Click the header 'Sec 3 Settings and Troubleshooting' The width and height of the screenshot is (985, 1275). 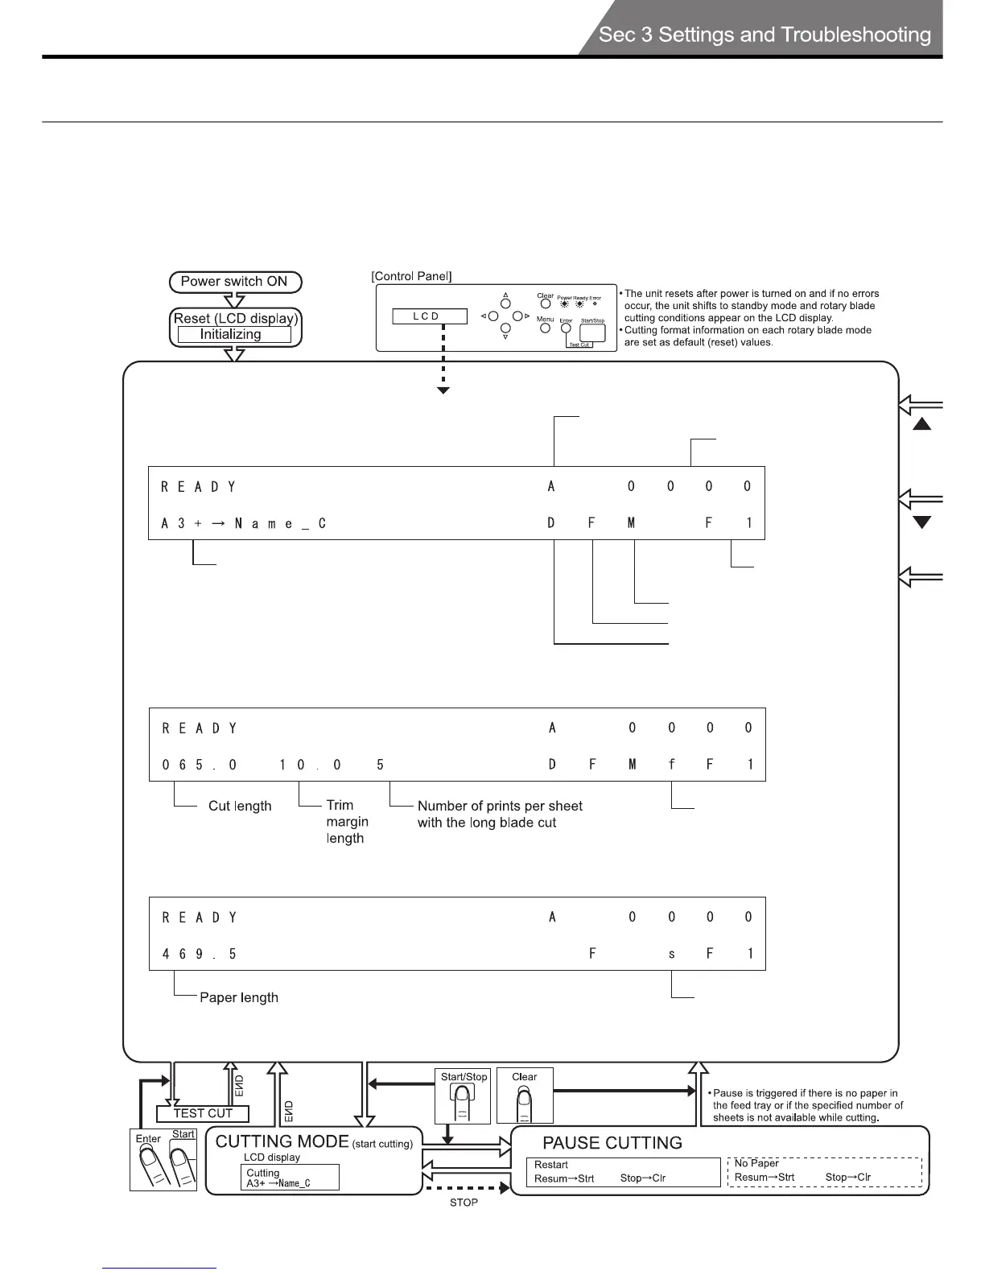tap(765, 35)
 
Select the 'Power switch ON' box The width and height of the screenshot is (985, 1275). tap(234, 282)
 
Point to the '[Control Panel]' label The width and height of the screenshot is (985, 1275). tap(411, 276)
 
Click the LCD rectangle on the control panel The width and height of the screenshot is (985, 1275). tap(429, 316)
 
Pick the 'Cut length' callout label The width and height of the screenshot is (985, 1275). tap(240, 807)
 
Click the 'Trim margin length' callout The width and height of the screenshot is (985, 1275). tap(347, 822)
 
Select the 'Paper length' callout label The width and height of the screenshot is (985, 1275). tap(239, 998)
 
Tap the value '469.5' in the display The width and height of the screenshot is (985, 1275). tap(200, 955)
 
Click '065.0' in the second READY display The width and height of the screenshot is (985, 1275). tap(200, 765)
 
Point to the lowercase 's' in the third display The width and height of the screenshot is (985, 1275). tap(672, 955)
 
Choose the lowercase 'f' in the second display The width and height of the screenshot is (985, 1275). tap(672, 765)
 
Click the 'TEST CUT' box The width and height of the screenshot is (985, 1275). tap(203, 1114)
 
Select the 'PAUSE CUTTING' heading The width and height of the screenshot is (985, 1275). tap(612, 1143)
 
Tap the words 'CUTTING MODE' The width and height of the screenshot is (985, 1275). tap(282, 1141)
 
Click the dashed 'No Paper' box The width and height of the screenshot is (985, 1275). tap(825, 1171)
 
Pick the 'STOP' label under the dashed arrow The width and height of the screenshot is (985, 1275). tap(464, 1203)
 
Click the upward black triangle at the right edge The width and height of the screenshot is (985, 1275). tap(922, 424)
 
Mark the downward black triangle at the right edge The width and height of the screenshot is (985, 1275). tap(922, 522)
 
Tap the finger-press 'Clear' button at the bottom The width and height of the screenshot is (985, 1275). tap(525, 1096)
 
